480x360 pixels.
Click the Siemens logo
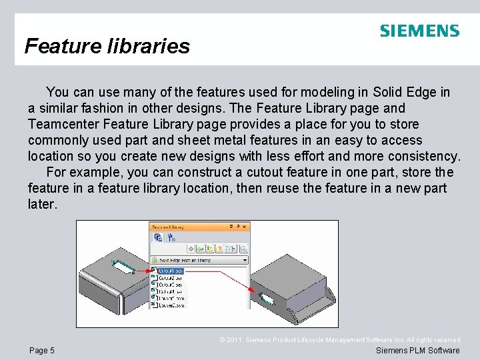pos(419,31)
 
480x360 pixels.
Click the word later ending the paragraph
pos(41,204)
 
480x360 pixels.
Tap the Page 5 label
pos(42,351)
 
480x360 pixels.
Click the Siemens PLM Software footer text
pos(417,351)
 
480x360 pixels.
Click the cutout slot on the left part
pos(123,267)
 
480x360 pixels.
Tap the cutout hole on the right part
pos(265,298)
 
